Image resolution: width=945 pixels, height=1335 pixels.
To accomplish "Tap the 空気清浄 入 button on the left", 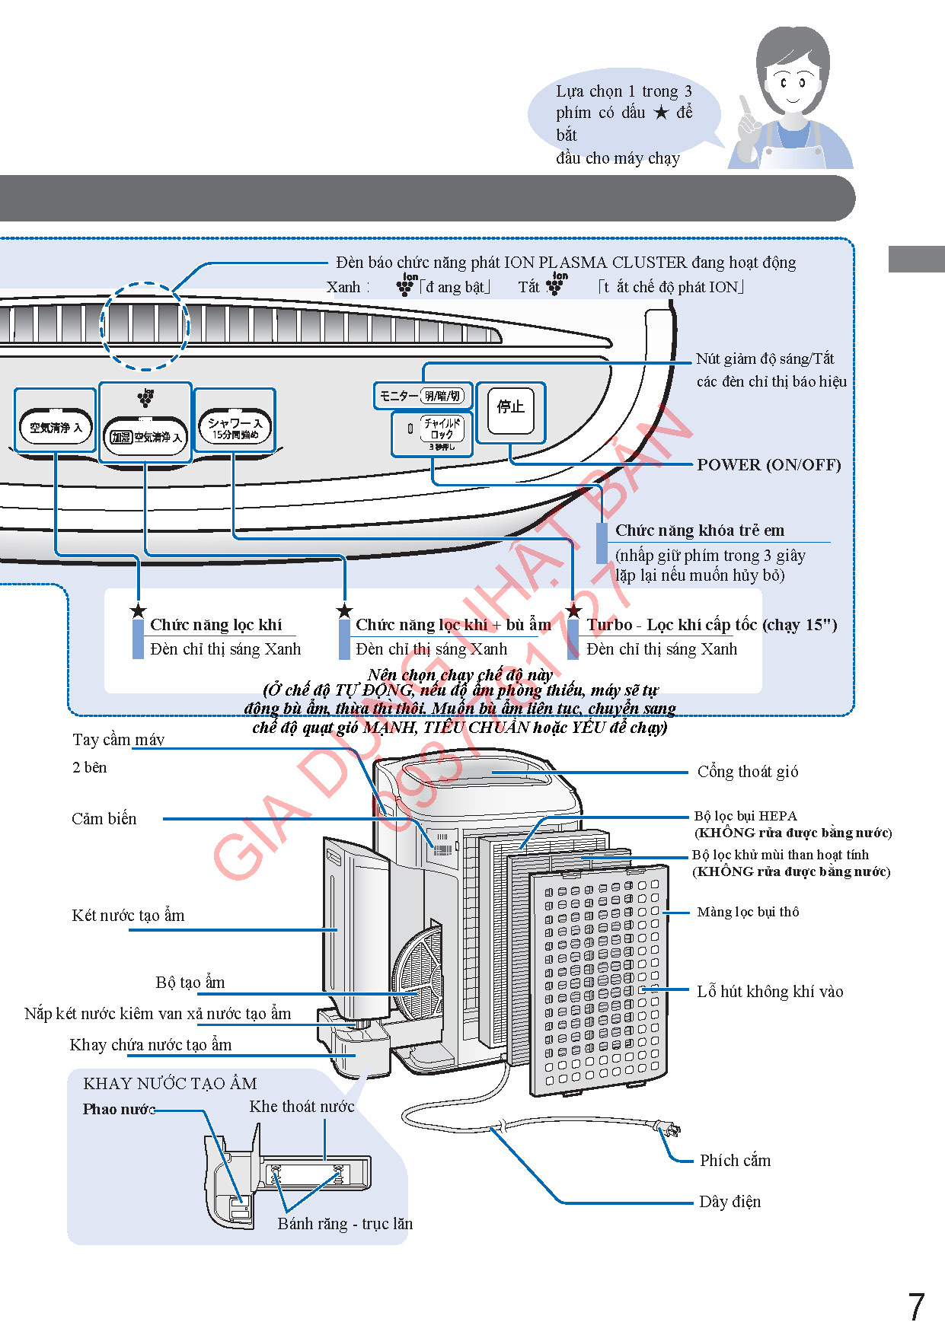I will [56, 428].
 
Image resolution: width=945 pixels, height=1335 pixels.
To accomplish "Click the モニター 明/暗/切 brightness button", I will [423, 396].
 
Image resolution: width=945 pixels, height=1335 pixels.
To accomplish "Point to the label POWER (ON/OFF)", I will [768, 465].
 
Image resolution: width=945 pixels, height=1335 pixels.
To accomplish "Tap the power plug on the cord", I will [668, 1128].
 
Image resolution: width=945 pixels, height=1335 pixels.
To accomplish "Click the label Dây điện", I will [730, 1202].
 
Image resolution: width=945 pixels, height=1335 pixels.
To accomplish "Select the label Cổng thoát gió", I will [748, 772].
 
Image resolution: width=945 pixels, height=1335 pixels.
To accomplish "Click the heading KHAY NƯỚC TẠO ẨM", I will [170, 1084].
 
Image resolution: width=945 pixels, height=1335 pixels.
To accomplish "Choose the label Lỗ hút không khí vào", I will [770, 992].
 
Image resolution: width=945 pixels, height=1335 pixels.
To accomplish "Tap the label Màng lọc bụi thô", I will [748, 912].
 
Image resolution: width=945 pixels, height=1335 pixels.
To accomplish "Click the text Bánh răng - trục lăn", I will [345, 1224].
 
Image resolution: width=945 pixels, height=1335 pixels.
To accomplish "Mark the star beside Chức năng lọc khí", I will [138, 611].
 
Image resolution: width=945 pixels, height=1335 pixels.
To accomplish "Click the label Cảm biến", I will [104, 819].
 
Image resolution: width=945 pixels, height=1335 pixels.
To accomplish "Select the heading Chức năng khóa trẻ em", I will [699, 530].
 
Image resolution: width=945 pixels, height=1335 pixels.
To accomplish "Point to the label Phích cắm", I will [735, 1161].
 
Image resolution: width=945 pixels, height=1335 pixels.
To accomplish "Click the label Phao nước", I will [119, 1110].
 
